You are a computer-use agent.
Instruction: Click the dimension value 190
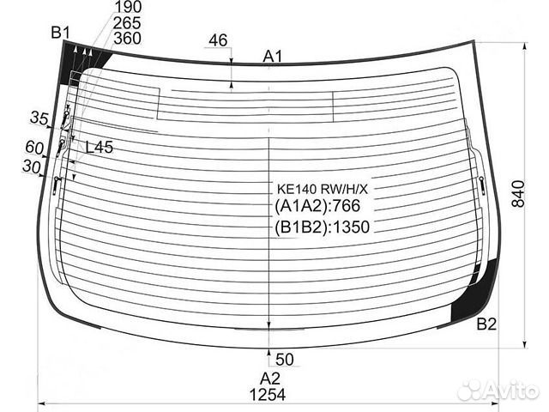tap(128, 6)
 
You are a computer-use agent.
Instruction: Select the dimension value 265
tap(127, 23)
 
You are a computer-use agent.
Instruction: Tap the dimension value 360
tap(128, 38)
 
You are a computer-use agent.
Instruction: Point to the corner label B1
tap(61, 33)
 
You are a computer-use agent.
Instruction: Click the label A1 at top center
tap(273, 56)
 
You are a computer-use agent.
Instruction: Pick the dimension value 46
tap(218, 40)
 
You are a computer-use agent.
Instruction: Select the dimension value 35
tap(39, 118)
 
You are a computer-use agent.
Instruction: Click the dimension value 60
tap(34, 147)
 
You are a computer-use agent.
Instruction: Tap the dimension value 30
tap(32, 167)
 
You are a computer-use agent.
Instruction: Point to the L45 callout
tap(100, 148)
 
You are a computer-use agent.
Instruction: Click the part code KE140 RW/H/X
tap(323, 190)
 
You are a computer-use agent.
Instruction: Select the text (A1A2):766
tap(317, 206)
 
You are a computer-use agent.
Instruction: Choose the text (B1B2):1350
tap(323, 227)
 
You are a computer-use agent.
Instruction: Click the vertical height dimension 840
tap(518, 194)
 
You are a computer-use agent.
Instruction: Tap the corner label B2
tap(486, 324)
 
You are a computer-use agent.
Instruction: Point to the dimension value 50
tap(285, 360)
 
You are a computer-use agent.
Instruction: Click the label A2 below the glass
tap(270, 379)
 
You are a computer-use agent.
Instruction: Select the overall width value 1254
tap(268, 395)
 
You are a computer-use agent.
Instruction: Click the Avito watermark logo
tap(498, 390)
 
